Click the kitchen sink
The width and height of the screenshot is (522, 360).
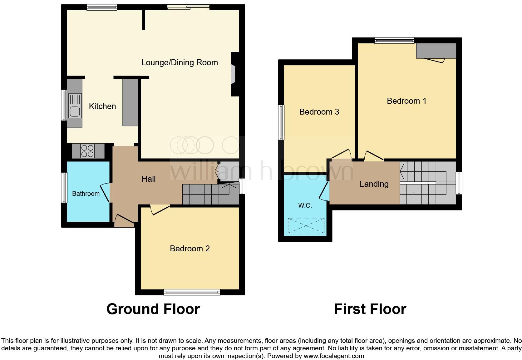coord(74,106)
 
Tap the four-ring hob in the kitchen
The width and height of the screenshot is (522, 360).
coord(88,151)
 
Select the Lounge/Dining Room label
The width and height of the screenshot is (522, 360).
coord(180,62)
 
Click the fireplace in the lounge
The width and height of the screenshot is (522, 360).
coord(233,74)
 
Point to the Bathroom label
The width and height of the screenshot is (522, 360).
coord(86,194)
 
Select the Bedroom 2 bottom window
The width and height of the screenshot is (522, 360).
coord(192,292)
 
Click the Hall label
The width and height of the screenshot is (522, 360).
coord(149,179)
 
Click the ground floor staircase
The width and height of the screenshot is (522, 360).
coord(209,194)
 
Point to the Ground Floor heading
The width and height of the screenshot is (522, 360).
coord(153,309)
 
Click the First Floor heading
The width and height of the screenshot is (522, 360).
coord(370,309)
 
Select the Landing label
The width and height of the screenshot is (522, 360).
coord(374,184)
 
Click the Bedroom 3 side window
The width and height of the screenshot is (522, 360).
coord(281,122)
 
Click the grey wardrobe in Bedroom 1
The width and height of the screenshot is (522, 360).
coord(436,51)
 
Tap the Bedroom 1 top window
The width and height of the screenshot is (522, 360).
coord(394,40)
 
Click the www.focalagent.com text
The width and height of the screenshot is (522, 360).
coord(334,356)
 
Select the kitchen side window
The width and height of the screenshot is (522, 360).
coord(64,105)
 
